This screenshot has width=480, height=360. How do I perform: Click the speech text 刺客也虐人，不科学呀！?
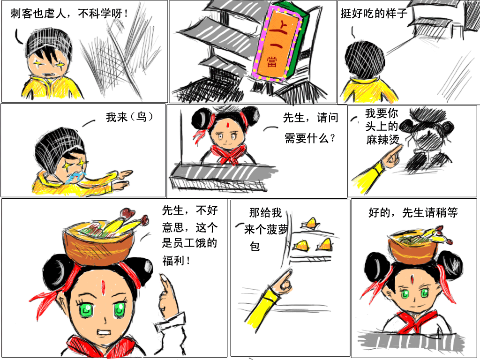[69, 14]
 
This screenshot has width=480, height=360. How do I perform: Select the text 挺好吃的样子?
[374, 13]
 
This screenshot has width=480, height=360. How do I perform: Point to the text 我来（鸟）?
[129, 117]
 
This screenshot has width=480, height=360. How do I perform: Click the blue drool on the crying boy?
[75, 178]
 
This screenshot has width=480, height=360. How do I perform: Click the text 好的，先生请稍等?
[413, 212]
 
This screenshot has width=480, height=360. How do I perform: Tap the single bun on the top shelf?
[311, 223]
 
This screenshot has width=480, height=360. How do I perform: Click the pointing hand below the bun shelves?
[283, 281]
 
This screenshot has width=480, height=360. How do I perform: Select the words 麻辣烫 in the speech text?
[383, 140]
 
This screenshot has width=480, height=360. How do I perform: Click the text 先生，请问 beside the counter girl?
[310, 118]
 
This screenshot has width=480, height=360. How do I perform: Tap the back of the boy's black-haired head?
[365, 58]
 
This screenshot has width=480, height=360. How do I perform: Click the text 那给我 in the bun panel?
[265, 212]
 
